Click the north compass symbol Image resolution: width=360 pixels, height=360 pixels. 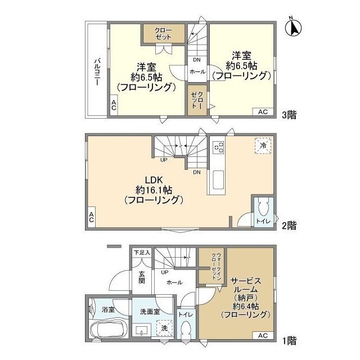293,28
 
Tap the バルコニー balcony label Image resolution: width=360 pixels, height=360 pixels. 98,72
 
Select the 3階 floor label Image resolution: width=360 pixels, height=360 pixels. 289,115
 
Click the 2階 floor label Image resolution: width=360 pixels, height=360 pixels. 289,226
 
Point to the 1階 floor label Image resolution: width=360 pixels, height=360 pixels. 289,341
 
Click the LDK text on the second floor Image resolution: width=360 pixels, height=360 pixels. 154,180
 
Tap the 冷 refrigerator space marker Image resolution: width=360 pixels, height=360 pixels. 263,146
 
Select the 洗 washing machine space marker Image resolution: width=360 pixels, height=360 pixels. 164,328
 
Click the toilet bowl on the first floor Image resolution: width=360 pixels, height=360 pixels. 186,329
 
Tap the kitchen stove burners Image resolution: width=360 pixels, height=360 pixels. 218,147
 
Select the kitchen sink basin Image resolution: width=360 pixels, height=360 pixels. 218,180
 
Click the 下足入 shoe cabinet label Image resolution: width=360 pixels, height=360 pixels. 142,253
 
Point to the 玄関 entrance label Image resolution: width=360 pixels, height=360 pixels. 142,277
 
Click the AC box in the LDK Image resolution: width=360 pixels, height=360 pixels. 91,217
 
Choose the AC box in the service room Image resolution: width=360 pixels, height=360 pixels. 263,335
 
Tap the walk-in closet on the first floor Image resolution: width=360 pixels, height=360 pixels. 211,266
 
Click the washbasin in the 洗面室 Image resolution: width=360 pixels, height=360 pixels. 142,330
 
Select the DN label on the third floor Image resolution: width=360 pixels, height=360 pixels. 197,60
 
